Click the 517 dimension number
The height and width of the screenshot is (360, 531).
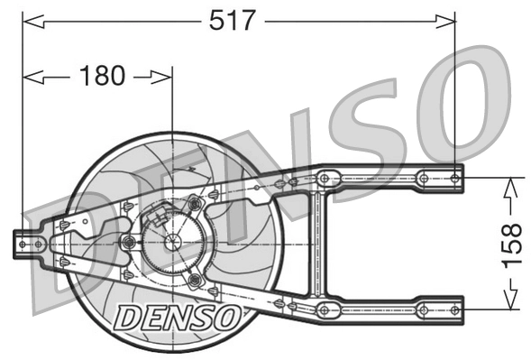233,19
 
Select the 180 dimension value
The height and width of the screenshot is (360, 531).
102,76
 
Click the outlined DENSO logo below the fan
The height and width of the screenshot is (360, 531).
178,316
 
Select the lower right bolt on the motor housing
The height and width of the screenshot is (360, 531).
193,280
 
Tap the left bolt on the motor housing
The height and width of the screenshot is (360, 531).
128,242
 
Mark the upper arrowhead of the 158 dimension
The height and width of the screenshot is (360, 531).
510,184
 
